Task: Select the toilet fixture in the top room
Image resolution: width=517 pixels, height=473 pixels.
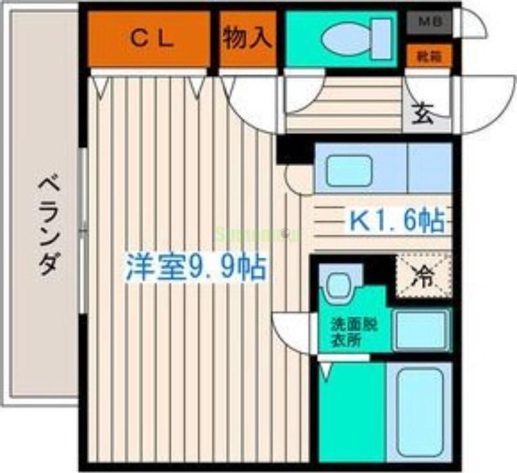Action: click(349, 39)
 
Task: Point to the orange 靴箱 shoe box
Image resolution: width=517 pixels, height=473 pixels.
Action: click(428, 56)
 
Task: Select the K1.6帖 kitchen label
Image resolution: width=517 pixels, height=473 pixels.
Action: click(396, 221)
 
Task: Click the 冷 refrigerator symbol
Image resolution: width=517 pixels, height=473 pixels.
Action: click(424, 276)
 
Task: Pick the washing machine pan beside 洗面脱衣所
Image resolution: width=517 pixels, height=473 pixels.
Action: click(421, 329)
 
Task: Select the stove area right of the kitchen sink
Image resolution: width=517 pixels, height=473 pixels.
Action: click(429, 168)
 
